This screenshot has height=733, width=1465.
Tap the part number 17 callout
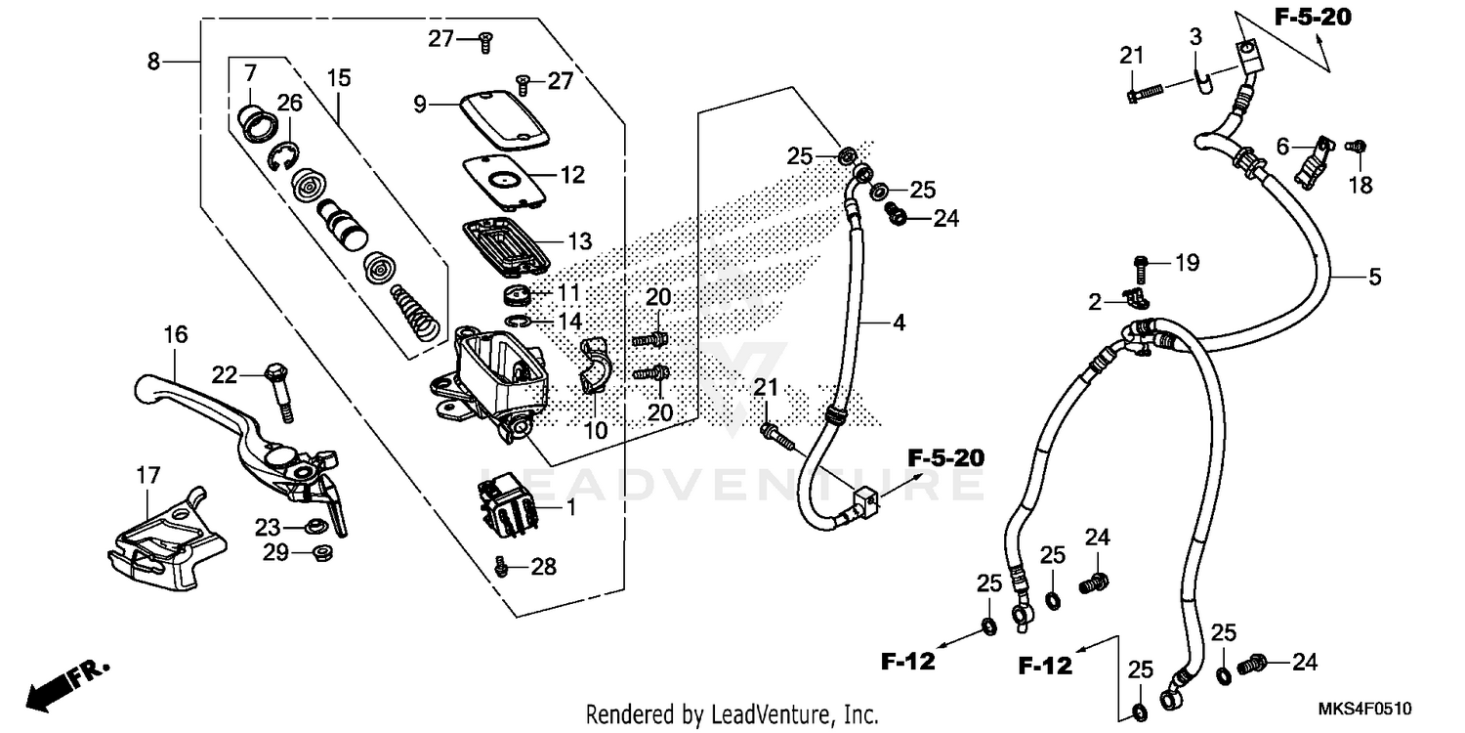(x=147, y=477)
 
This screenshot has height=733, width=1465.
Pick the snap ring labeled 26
(x=284, y=155)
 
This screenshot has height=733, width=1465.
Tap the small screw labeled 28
(x=502, y=565)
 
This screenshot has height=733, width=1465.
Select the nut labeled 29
(x=318, y=553)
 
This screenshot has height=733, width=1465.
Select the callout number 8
(x=154, y=62)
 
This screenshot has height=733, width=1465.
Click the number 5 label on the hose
(x=1374, y=278)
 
